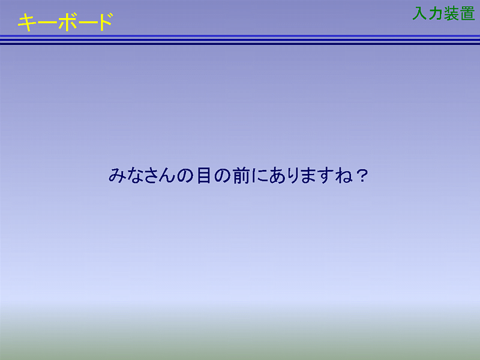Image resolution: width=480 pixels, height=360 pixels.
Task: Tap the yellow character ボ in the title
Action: pos(67,22)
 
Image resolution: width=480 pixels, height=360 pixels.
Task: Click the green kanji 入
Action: pos(420,13)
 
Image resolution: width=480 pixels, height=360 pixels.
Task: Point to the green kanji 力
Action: pos(436,13)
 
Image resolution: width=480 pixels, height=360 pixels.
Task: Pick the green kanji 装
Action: pos(452,13)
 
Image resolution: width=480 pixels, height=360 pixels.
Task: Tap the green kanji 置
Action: pos(467,13)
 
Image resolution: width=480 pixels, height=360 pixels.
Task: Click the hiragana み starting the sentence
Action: pos(117,175)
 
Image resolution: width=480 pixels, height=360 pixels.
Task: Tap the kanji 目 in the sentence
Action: pos(203,175)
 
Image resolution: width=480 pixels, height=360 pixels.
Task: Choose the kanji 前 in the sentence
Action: pos(241,176)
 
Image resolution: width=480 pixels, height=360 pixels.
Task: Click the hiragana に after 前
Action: pos(259,176)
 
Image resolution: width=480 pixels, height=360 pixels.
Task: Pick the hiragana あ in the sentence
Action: pos(277,176)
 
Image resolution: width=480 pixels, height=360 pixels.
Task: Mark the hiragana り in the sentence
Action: pos(293,176)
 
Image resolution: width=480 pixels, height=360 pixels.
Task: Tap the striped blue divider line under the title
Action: pos(240,40)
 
